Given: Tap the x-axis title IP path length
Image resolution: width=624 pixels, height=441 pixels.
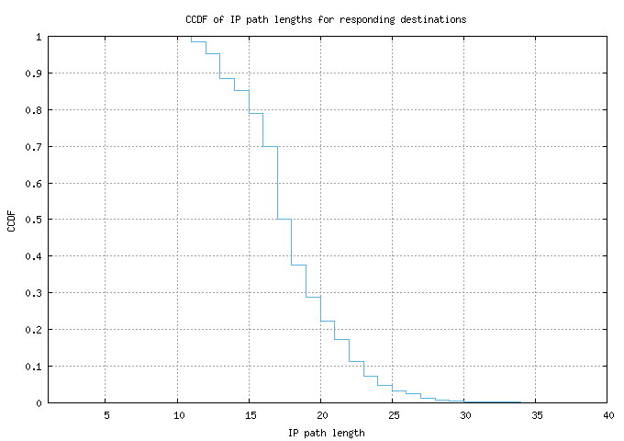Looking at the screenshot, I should click(x=327, y=432).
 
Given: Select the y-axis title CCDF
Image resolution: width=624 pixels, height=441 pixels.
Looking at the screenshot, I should click(x=12, y=220).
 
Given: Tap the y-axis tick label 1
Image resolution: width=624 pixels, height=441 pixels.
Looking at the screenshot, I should click(x=39, y=37).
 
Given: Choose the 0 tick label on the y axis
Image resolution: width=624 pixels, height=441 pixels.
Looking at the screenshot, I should click(x=39, y=403).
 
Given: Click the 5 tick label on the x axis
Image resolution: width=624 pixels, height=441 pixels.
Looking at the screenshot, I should click(x=106, y=415).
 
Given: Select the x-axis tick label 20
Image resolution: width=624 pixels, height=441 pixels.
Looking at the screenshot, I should click(x=321, y=415).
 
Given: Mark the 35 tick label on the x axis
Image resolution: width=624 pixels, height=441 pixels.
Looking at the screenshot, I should click(x=537, y=415).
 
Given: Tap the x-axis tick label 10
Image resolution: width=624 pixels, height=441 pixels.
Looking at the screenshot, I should click(x=177, y=415).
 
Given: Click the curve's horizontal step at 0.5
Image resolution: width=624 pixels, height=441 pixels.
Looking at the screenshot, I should click(x=284, y=220).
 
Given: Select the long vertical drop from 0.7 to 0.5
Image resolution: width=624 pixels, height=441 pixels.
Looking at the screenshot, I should click(x=277, y=184).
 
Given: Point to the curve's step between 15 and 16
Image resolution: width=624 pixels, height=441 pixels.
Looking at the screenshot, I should click(x=256, y=114).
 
